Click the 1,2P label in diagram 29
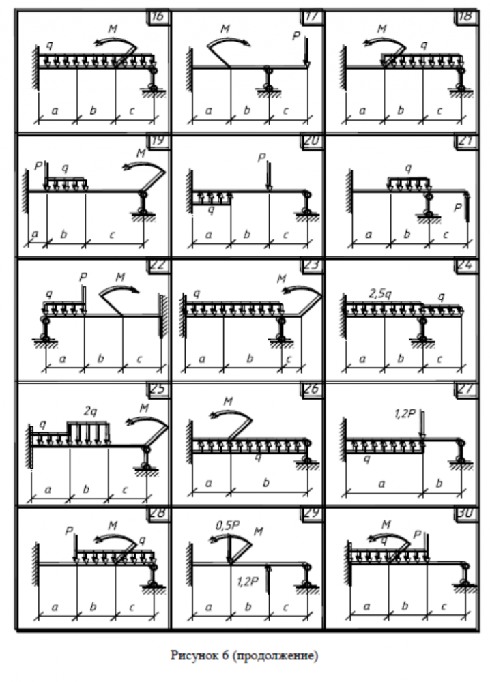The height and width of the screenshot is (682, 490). [248, 582]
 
